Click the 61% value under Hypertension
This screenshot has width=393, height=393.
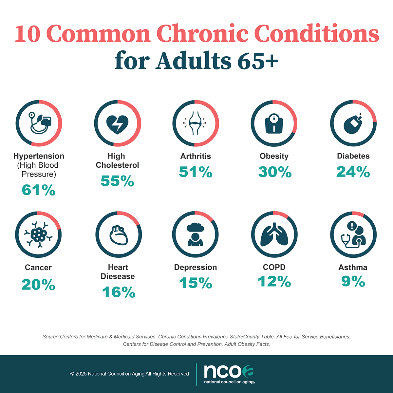click(x=39, y=190)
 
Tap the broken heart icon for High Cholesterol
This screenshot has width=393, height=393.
click(x=118, y=124)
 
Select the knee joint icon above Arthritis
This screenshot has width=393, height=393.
click(x=196, y=123)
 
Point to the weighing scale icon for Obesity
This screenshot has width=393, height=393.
click(x=274, y=123)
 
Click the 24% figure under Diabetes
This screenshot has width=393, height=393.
click(x=353, y=172)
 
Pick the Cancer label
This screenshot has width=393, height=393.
click(x=38, y=268)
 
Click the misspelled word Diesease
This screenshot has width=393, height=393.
click(x=118, y=276)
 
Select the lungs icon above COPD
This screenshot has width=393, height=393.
click(x=274, y=234)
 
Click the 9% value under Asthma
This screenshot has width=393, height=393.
click(x=353, y=281)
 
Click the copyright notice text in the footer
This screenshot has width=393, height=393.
click(x=129, y=374)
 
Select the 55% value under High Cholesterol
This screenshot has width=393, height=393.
click(x=117, y=181)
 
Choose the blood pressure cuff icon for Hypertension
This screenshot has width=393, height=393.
click(x=39, y=123)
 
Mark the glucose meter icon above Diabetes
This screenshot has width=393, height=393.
click(x=353, y=123)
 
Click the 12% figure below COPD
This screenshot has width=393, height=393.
click(x=274, y=281)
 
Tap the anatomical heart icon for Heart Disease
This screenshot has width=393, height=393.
click(x=118, y=235)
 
